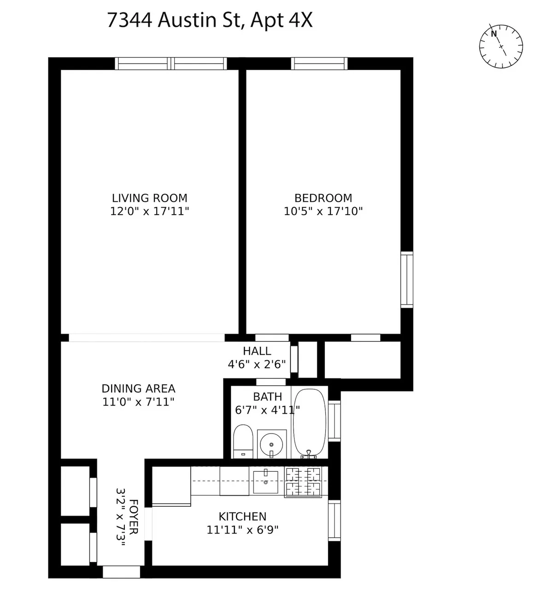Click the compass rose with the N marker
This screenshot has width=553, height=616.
point(501,47)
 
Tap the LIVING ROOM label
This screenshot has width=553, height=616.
point(150,198)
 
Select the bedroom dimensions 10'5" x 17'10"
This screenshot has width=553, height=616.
point(323,211)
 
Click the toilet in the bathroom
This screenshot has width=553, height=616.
point(243,442)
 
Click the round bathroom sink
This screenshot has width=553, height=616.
point(271,445)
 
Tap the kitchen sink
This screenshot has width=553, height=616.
point(266,481)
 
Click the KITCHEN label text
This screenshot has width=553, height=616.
point(242,516)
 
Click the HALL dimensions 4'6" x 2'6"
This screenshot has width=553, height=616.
point(257,364)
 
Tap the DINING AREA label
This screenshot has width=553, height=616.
point(138,388)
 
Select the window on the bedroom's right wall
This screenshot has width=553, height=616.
point(406,279)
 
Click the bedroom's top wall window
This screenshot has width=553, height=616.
point(319,64)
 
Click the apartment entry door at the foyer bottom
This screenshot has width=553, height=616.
point(121,572)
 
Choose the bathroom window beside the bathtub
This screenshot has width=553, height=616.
point(334,421)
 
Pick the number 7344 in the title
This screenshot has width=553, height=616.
point(129,21)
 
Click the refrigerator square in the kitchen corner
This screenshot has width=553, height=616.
point(171,486)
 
